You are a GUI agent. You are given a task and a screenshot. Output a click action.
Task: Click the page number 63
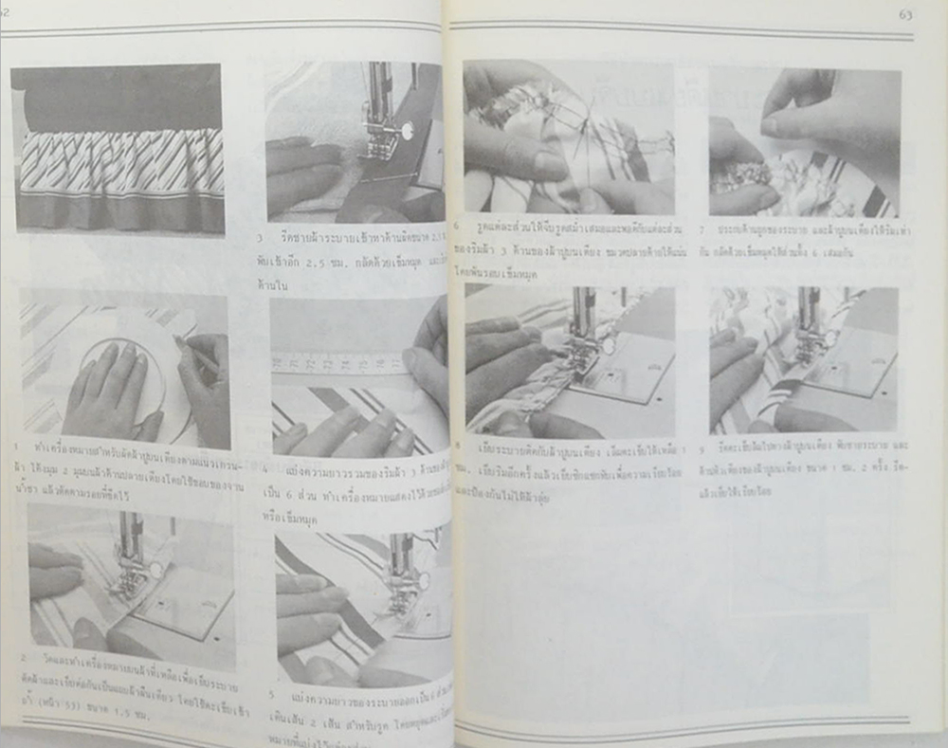pos(905,14)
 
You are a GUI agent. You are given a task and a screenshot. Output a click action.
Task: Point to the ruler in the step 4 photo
pos(341,361)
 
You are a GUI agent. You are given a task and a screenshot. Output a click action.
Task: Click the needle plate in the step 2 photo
pos(185,607)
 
